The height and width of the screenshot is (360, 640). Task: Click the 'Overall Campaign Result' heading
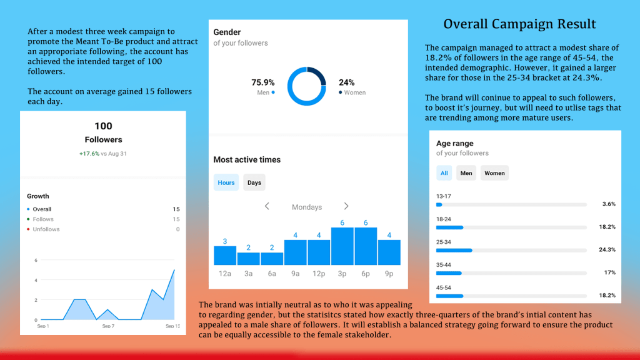pyautogui.click(x=519, y=24)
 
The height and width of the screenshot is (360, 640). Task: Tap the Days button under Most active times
pyautogui.click(x=254, y=182)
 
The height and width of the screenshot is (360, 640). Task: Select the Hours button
pyautogui.click(x=226, y=182)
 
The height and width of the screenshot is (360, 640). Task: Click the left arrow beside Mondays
pyautogui.click(x=267, y=206)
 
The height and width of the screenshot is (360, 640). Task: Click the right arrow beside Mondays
pyautogui.click(x=346, y=206)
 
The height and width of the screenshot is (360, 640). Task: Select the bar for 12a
pyautogui.click(x=225, y=255)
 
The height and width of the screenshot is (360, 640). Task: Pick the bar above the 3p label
pyautogui.click(x=342, y=246)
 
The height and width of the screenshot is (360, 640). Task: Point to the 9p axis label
pyautogui.click(x=389, y=274)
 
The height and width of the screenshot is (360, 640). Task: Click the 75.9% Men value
pyautogui.click(x=263, y=82)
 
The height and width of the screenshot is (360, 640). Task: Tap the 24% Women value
pyautogui.click(x=347, y=82)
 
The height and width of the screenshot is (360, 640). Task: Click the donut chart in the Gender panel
pyautogui.click(x=307, y=87)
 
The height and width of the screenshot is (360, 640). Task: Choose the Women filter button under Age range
pyautogui.click(x=494, y=173)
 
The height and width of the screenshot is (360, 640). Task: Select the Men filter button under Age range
pyautogui.click(x=466, y=173)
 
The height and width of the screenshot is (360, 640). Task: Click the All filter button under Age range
pyautogui.click(x=444, y=173)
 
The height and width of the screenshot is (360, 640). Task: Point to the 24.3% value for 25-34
pyautogui.click(x=607, y=249)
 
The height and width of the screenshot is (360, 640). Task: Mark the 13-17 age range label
pyautogui.click(x=444, y=196)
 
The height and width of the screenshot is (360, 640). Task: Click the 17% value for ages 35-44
pyautogui.click(x=609, y=272)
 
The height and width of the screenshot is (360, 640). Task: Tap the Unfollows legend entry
pyautogui.click(x=46, y=229)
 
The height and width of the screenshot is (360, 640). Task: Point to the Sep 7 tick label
pyautogui.click(x=107, y=326)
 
